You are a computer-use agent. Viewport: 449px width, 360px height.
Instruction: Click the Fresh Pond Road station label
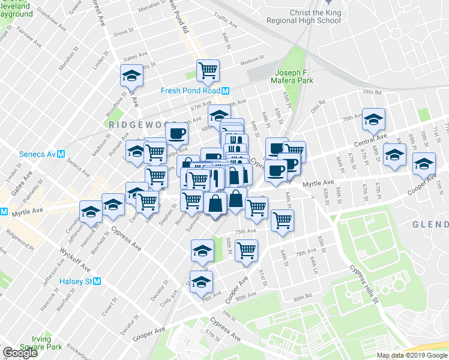pyautogui.click(x=191, y=91)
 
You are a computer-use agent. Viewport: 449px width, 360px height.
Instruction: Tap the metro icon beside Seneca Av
pyautogui.click(x=61, y=154)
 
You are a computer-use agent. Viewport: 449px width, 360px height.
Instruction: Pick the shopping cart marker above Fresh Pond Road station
pyautogui.click(x=208, y=71)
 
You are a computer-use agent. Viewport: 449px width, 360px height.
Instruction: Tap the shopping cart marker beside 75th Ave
pyautogui.click(x=282, y=220)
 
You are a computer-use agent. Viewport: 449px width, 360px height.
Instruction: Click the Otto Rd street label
pyautogui.click(x=372, y=92)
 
